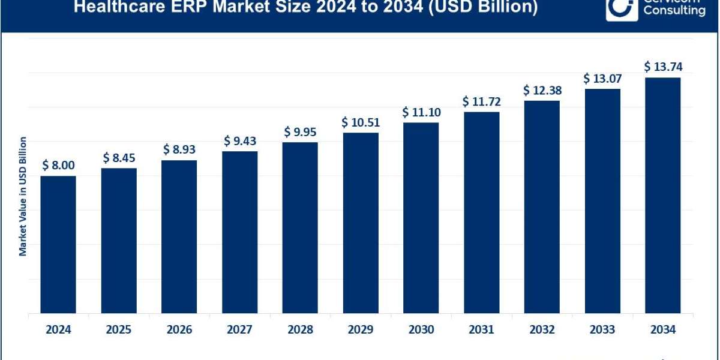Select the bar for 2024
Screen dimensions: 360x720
[x=58, y=244]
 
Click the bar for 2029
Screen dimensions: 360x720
[x=361, y=223]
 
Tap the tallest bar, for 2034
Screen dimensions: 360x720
[x=662, y=195]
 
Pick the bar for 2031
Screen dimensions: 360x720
[x=481, y=212]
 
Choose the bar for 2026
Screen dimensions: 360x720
[x=179, y=236]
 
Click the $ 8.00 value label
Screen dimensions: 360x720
[x=58, y=166]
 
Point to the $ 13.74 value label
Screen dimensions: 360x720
[x=663, y=67]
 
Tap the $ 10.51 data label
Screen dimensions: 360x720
[x=361, y=122]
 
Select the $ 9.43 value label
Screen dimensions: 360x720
[x=239, y=141]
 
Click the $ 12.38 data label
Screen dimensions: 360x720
[x=542, y=91]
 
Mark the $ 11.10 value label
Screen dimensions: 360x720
[x=421, y=112]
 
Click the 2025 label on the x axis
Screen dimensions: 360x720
[x=119, y=329]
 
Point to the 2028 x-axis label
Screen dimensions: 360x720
[x=300, y=329]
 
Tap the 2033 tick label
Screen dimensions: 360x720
[x=602, y=329]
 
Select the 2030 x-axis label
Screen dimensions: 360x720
[x=421, y=329]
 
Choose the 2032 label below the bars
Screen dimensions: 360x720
[x=542, y=329]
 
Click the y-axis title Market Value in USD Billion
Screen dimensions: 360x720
[x=23, y=196]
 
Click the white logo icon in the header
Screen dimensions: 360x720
[x=620, y=8]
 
